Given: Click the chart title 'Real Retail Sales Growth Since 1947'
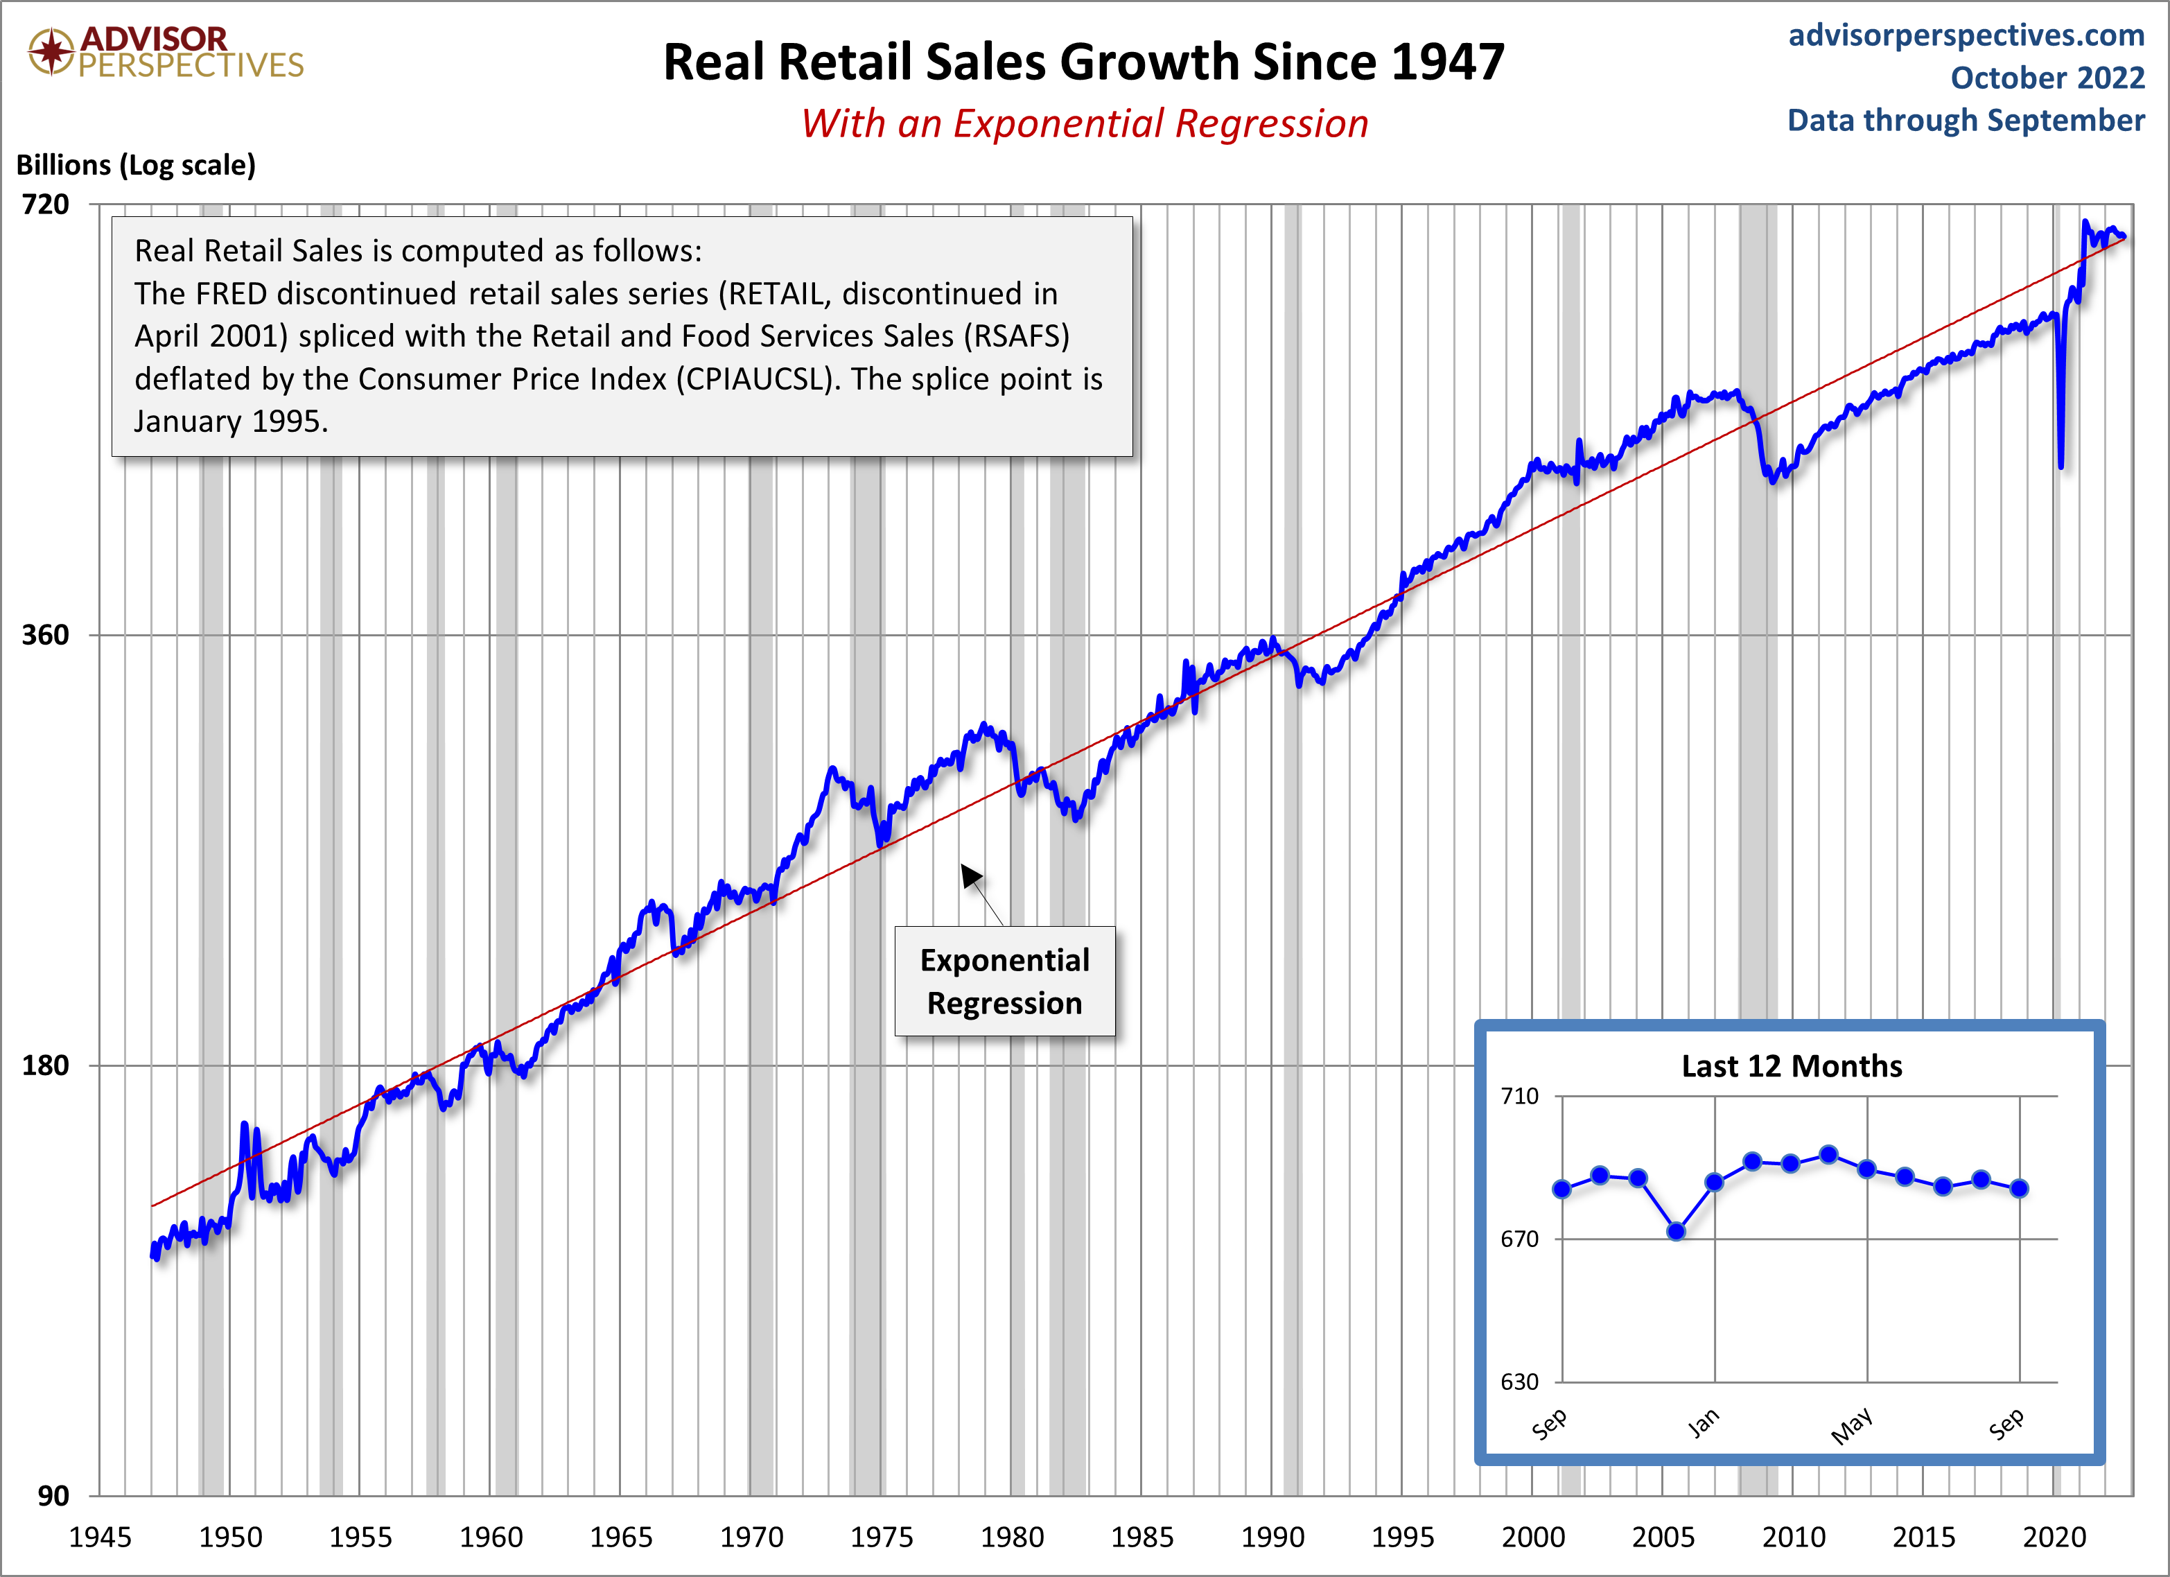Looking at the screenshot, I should [1083, 63].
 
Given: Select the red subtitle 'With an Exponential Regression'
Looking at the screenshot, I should [1084, 124].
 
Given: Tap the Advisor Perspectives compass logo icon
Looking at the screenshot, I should [51, 51].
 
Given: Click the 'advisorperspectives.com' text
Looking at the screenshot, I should [1966, 35].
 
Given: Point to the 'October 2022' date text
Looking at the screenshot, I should [2047, 78].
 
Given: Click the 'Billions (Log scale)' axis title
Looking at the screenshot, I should [136, 164].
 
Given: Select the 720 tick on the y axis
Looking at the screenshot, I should [46, 204].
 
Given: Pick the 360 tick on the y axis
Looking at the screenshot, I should [46, 634].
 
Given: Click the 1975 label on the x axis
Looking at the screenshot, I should [881, 1537].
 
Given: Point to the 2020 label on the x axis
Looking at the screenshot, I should [2054, 1537].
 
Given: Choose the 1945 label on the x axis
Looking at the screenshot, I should [100, 1537].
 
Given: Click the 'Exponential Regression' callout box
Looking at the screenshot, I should [1005, 981].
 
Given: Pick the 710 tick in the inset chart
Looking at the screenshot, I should [1519, 1096].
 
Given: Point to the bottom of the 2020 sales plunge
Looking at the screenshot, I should [2060, 466].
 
